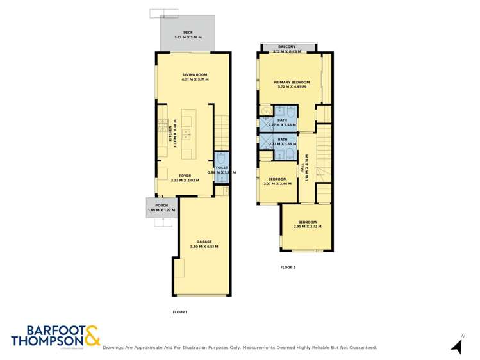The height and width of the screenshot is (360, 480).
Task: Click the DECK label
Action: coord(188,32)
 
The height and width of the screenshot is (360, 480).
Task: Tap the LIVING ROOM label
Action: coord(194,75)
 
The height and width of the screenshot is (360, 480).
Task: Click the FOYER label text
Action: coord(185,176)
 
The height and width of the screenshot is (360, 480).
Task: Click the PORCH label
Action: coord(161,206)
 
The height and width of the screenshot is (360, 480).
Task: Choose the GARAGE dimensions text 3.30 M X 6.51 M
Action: coord(204,247)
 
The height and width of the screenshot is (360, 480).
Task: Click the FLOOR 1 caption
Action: coord(180,312)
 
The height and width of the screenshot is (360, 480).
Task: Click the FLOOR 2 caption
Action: coord(288,267)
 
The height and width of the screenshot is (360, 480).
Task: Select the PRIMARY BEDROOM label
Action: coord(292,82)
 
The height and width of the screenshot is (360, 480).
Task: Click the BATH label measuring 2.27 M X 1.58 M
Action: coord(282,120)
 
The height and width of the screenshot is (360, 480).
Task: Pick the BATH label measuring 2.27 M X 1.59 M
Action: coord(282,140)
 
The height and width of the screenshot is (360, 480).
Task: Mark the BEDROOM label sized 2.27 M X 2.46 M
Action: coord(277,179)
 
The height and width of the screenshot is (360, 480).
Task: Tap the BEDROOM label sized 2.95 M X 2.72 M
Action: coord(307,222)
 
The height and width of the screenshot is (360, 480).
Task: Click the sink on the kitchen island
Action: coord(186,135)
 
